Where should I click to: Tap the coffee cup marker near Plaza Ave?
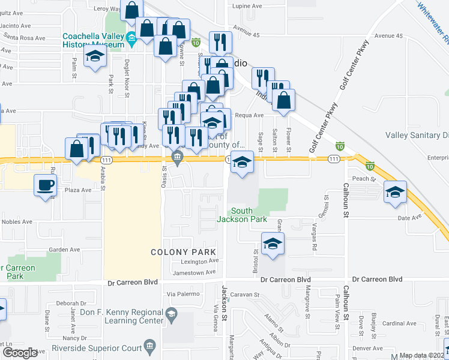click(x=45, y=186)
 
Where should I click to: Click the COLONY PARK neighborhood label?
click(x=182, y=252)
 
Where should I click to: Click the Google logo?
click(x=20, y=353)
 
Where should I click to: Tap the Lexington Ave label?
click(x=200, y=262)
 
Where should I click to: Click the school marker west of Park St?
click(x=95, y=57)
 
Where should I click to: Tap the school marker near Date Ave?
click(x=395, y=193)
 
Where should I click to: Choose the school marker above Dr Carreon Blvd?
click(x=272, y=244)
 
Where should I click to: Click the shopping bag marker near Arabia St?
click(x=77, y=149)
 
